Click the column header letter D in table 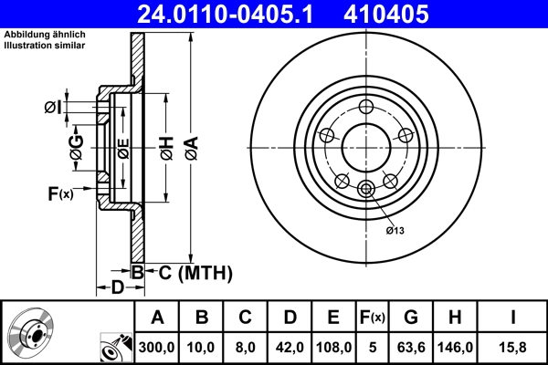tap(290, 318)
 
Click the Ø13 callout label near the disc tap(395, 231)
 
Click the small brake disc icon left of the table tap(32, 333)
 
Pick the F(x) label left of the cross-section tap(60, 193)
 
